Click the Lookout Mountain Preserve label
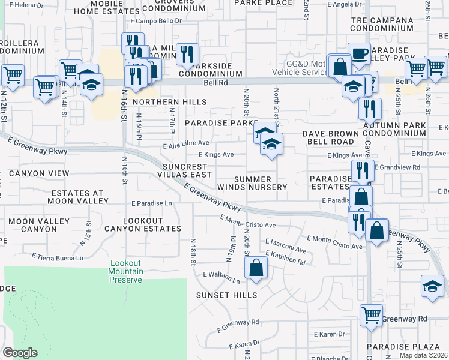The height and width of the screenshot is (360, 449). (x=126, y=271)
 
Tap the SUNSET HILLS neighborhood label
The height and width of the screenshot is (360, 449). (x=227, y=295)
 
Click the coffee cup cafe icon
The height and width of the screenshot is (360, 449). (x=359, y=53)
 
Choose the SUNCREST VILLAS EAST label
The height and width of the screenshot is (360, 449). (x=187, y=170)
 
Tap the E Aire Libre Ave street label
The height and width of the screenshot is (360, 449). (x=186, y=143)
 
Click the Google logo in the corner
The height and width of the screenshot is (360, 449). (x=20, y=352)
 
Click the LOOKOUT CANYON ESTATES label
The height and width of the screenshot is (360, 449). (x=142, y=224)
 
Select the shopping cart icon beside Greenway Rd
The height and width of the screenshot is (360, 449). (x=371, y=314)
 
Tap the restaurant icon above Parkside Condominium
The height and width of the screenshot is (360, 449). (x=187, y=55)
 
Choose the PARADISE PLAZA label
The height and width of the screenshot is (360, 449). (x=396, y=347)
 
